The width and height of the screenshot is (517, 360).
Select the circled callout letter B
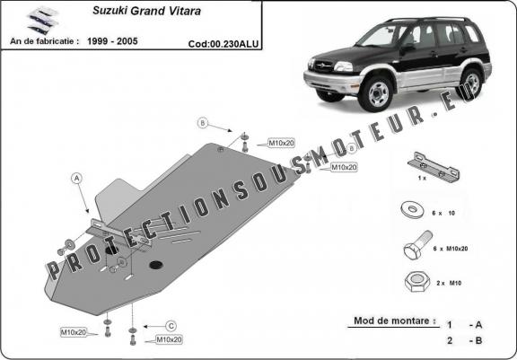click(x=203, y=122)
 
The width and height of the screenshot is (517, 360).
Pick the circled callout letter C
click(x=171, y=325)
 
